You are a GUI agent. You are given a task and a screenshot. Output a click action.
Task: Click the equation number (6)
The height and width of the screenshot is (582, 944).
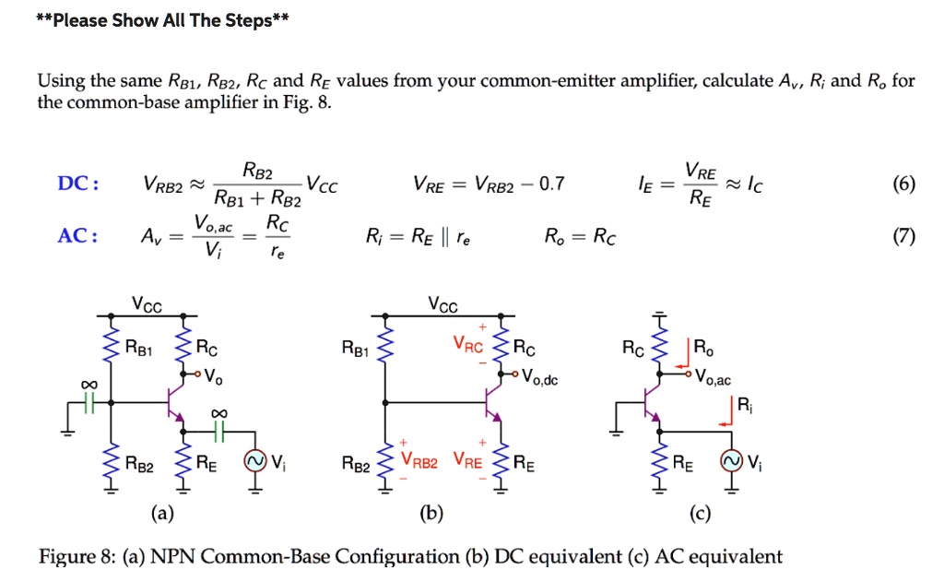click(x=903, y=184)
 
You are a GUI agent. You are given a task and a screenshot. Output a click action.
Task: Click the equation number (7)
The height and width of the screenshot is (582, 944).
click(x=903, y=236)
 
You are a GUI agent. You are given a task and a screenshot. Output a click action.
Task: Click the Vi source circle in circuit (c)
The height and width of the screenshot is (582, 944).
click(x=733, y=461)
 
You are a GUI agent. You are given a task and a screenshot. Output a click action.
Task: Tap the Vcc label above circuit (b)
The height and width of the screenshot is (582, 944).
click(x=444, y=305)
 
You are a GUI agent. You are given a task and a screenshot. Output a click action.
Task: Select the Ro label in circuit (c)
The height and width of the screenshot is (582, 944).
click(x=703, y=349)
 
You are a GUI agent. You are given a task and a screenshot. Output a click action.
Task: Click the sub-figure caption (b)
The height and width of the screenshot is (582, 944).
click(x=430, y=513)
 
